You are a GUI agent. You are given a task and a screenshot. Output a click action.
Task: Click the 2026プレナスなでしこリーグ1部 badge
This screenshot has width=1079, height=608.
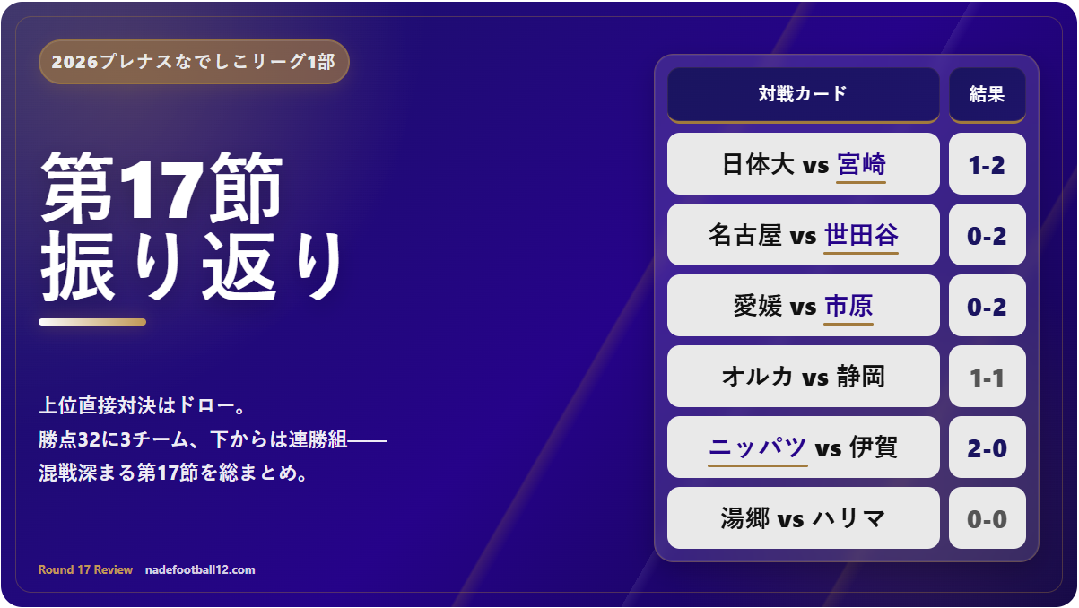coord(194,62)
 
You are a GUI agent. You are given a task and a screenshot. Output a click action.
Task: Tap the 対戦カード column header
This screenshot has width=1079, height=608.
coord(803,95)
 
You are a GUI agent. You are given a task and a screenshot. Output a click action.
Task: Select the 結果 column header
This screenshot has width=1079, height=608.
coord(987,95)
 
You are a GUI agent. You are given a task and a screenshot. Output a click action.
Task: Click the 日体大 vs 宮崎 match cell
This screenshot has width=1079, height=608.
coord(803,164)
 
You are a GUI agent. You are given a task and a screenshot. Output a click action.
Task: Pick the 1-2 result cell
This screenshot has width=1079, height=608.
coord(987,164)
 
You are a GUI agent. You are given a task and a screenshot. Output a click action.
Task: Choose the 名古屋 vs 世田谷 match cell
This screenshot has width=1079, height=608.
coord(803,235)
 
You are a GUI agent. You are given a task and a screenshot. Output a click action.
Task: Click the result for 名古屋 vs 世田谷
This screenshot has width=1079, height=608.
coord(987,235)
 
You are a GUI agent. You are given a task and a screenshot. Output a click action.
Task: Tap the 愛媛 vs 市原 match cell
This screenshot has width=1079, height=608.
coord(803,306)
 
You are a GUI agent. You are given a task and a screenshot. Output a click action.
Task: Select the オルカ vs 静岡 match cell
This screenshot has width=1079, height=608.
coord(803,377)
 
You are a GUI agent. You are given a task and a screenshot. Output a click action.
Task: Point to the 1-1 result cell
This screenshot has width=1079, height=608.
coord(987,377)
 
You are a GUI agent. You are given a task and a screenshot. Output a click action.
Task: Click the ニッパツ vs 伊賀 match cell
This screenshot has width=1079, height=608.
coord(803,447)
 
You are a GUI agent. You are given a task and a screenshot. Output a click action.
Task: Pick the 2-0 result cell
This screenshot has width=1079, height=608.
coord(987,447)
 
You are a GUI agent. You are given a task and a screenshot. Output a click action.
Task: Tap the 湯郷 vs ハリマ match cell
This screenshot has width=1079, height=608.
coord(803,518)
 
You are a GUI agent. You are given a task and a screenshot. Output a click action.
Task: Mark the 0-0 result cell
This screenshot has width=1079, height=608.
coord(987,518)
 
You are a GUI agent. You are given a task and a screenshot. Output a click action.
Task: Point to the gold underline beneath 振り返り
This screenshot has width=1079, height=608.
coord(92,322)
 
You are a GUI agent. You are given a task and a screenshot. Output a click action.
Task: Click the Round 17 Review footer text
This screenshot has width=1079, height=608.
coord(85,569)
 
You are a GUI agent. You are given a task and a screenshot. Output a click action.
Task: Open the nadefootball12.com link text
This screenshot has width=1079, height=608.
coord(200,569)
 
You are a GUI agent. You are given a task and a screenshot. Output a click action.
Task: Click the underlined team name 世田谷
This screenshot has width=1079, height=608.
coord(861,236)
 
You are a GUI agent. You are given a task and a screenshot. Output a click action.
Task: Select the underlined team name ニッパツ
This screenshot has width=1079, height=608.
coord(757,448)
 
